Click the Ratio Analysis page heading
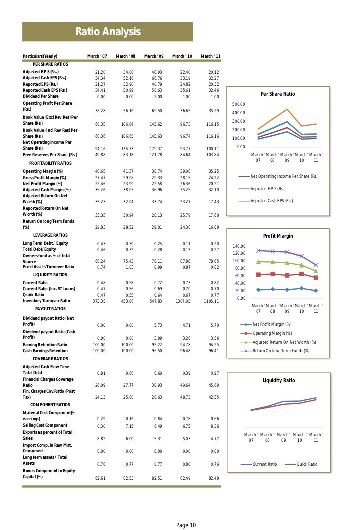[108, 33]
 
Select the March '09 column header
[157, 56]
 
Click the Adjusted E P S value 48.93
[157, 72]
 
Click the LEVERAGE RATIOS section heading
[50, 235]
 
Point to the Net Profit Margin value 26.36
[185, 183]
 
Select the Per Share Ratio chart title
[278, 94]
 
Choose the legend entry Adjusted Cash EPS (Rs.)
[272, 201]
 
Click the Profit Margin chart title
[278, 236]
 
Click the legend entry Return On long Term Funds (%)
[281, 351]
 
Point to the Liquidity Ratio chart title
[279, 381]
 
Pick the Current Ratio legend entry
[265, 464]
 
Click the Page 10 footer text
[186, 525]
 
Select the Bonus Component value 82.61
[101, 478]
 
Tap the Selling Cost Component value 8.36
[214, 426]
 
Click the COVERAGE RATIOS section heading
[51, 359]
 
